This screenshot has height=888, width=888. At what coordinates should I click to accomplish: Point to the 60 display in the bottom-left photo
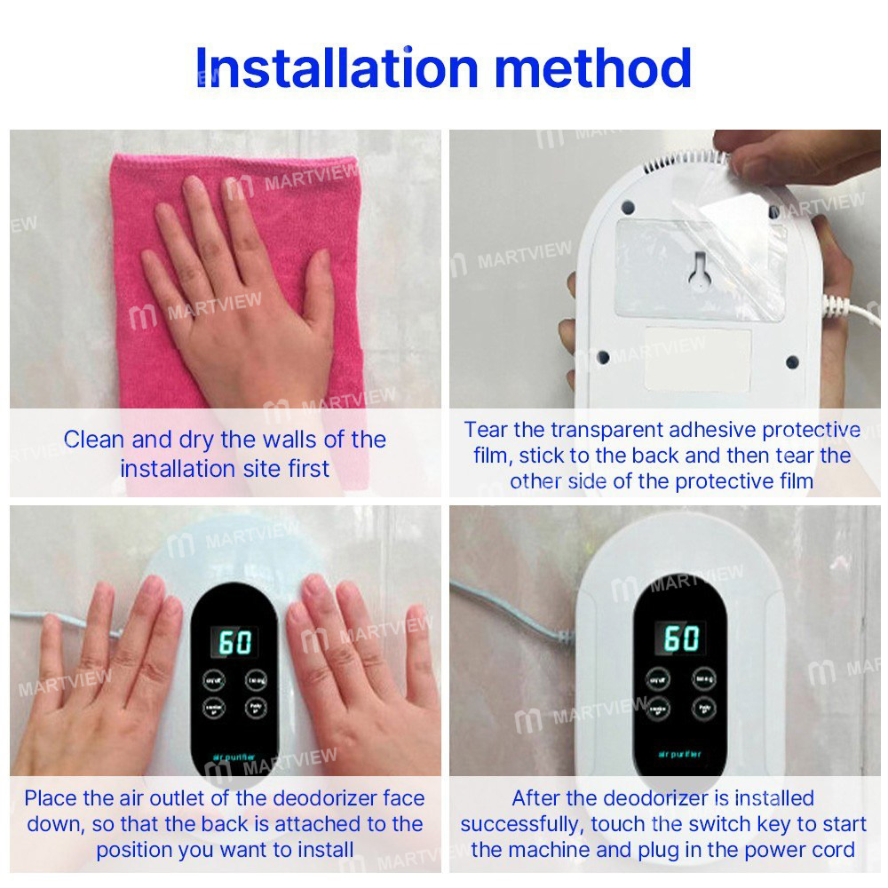click(235, 641)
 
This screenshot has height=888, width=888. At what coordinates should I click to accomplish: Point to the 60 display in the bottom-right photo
click(681, 638)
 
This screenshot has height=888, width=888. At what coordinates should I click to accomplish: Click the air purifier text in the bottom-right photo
click(680, 755)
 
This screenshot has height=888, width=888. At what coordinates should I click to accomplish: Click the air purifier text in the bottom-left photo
click(234, 757)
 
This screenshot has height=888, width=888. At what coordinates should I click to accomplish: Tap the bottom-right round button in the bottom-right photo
click(703, 709)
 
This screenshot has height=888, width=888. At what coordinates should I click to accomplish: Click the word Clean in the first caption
click(94, 440)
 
